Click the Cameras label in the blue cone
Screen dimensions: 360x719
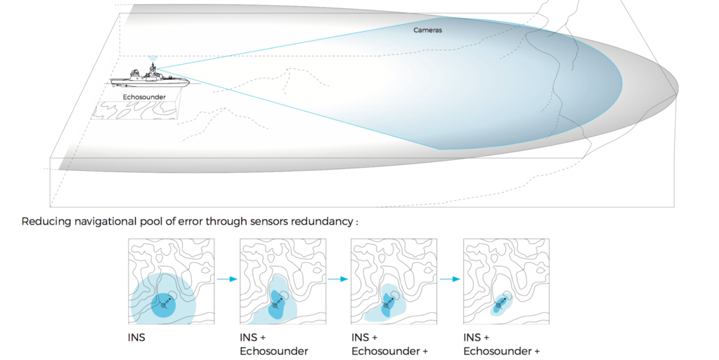coord(428,30)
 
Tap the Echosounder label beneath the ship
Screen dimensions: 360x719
coord(144,96)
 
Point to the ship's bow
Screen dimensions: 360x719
coord(187,82)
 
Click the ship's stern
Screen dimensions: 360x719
coord(112,82)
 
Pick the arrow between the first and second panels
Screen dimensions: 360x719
coord(226,280)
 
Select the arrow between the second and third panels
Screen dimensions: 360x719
coord(337,280)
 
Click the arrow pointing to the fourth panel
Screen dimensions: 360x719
coord(450,280)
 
